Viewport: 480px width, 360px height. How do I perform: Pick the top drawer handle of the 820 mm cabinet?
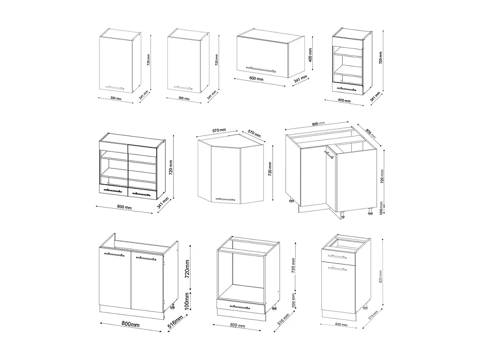pyautogui.click(x=339, y=256)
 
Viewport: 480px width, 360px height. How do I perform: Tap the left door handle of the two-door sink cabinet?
pyautogui.click(x=114, y=255)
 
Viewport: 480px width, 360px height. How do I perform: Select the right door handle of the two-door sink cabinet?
pyautogui.click(x=146, y=258)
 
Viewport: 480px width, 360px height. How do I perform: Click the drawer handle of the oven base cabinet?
pyautogui.click(x=240, y=307)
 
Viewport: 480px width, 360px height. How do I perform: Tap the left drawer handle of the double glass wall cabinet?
pyautogui.click(x=113, y=190)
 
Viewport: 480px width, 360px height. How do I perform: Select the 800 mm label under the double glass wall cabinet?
pyautogui.click(x=125, y=207)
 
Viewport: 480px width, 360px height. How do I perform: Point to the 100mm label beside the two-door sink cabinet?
pyautogui.click(x=188, y=299)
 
